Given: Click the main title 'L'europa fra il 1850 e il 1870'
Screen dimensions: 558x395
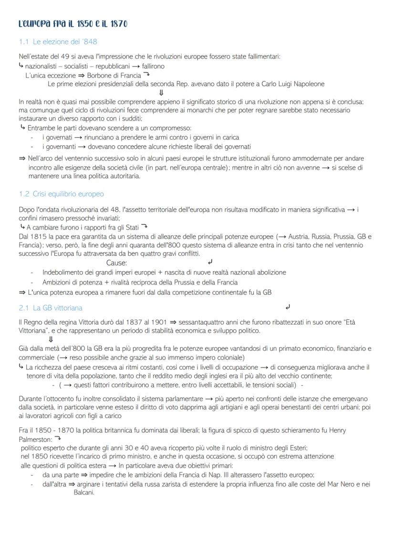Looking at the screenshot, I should [73, 23].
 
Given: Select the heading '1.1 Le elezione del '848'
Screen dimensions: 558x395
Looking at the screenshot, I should [58, 42].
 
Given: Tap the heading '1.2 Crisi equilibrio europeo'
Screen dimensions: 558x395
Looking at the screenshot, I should [61, 194].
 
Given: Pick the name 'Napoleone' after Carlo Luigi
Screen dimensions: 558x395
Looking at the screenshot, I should [308, 84].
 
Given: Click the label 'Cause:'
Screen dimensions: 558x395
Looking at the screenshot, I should [116, 263].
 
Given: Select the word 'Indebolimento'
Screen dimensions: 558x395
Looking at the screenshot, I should [63, 273].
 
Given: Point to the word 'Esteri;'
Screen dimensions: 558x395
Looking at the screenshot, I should [296, 448].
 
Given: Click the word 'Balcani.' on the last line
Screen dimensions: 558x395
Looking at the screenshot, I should [84, 493].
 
